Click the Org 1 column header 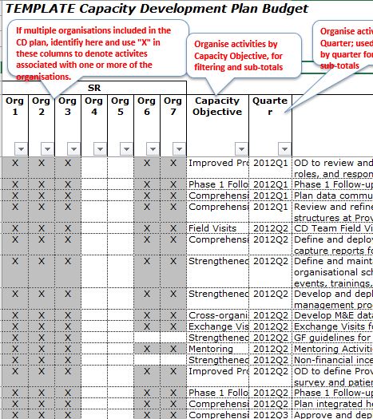click(14, 107)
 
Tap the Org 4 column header click(93, 107)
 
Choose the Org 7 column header click(173, 107)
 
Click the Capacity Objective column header click(217, 107)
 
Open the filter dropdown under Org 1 click(21, 148)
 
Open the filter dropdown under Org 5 click(126, 148)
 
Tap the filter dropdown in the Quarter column click(284, 148)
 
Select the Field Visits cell click(212, 228)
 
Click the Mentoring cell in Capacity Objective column click(211, 349)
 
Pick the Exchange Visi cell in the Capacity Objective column click(218, 326)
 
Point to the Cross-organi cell click(218, 315)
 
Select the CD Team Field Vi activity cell click(332, 228)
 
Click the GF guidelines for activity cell click(332, 338)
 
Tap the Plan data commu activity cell click(332, 195)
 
